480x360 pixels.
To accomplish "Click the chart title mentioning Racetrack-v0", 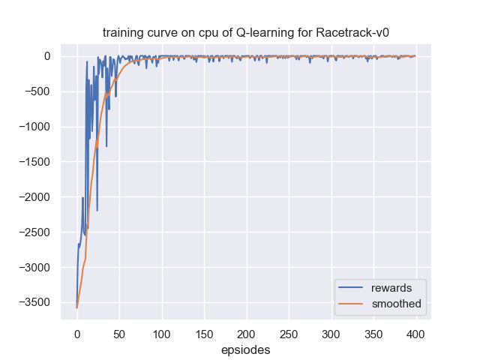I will tap(246, 33).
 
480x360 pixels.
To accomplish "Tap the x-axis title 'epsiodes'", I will tap(246, 349).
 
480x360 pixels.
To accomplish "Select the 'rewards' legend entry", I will tap(387, 288).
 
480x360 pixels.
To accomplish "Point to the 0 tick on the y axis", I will tap(46, 56).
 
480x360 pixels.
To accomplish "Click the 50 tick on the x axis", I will tap(119, 333).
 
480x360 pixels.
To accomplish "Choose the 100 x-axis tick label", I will tap(161, 333).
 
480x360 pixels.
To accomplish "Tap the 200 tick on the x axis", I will tap(246, 333).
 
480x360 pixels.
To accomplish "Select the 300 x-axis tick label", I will tap(331, 333).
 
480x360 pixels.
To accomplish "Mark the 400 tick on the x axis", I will tap(415, 333).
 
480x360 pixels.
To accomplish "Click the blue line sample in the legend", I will tap(352, 288).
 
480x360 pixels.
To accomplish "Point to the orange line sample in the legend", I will tap(352, 304).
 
